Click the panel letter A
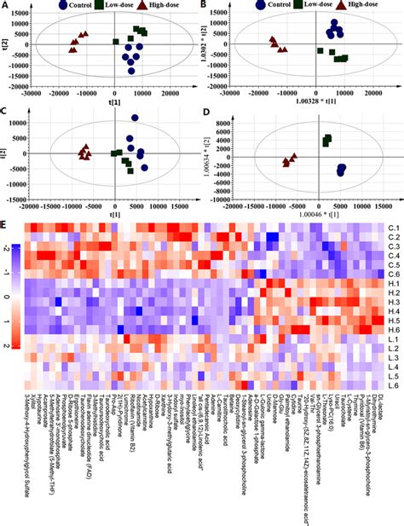coord(5,5)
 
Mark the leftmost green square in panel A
coord(116,41)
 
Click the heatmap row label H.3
coord(391,303)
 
